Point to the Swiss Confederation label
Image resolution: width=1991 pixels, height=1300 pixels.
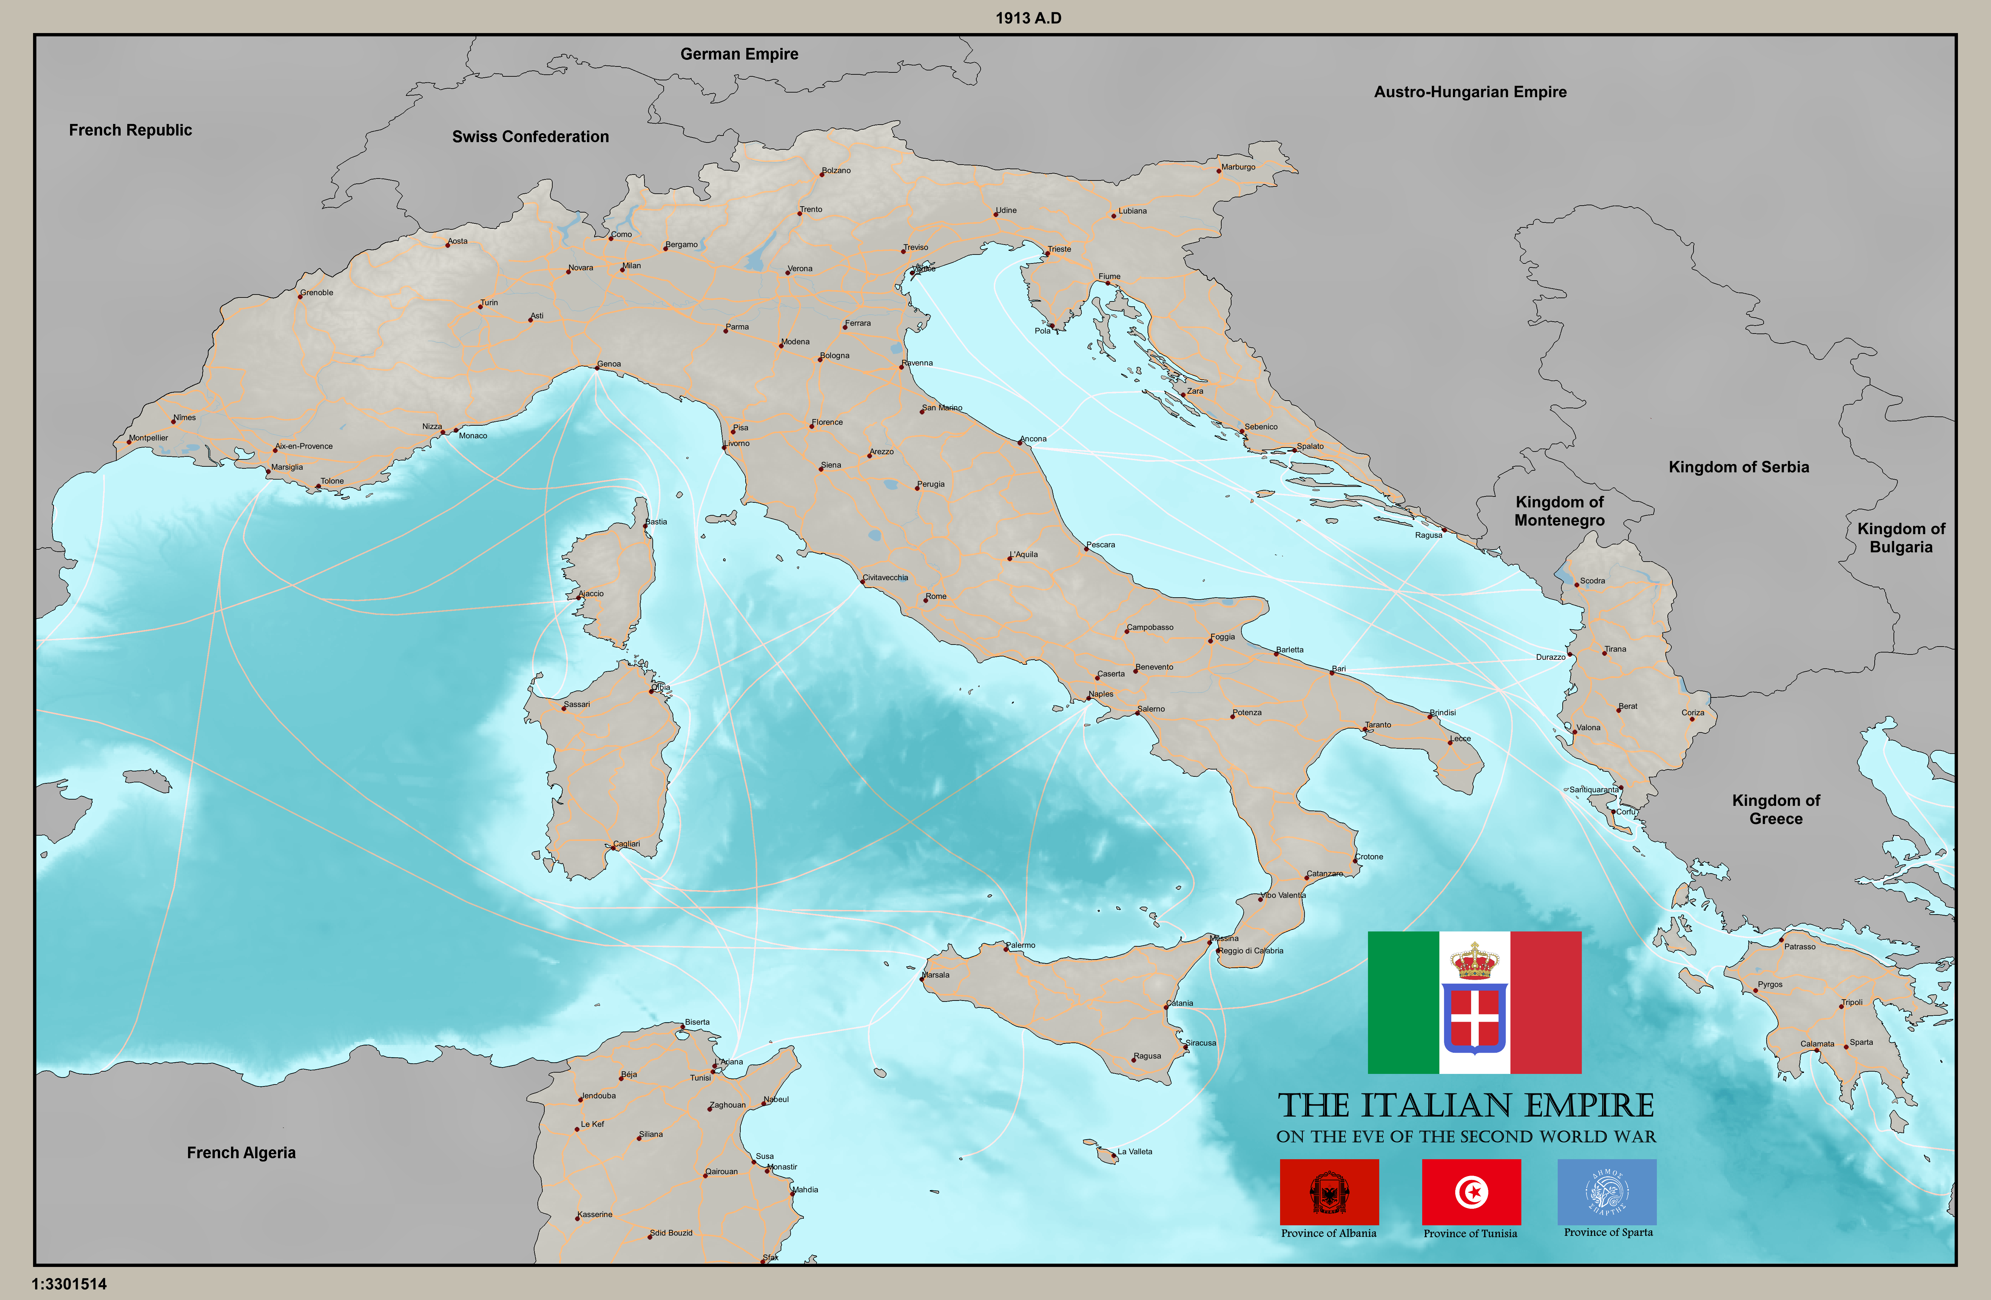[530, 137]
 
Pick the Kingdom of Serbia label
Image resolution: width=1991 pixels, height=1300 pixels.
[1738, 467]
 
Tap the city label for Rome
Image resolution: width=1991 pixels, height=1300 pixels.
[936, 597]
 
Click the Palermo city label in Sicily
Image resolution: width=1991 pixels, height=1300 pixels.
[1021, 945]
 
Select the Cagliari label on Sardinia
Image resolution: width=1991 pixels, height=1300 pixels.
[627, 844]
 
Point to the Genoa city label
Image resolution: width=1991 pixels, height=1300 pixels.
[609, 364]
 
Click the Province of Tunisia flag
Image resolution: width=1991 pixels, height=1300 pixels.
[1471, 1192]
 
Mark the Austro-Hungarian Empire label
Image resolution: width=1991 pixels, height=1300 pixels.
[1470, 92]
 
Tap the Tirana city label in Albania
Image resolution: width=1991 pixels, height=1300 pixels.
[1616, 649]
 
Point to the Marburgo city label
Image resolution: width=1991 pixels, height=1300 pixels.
[1238, 167]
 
